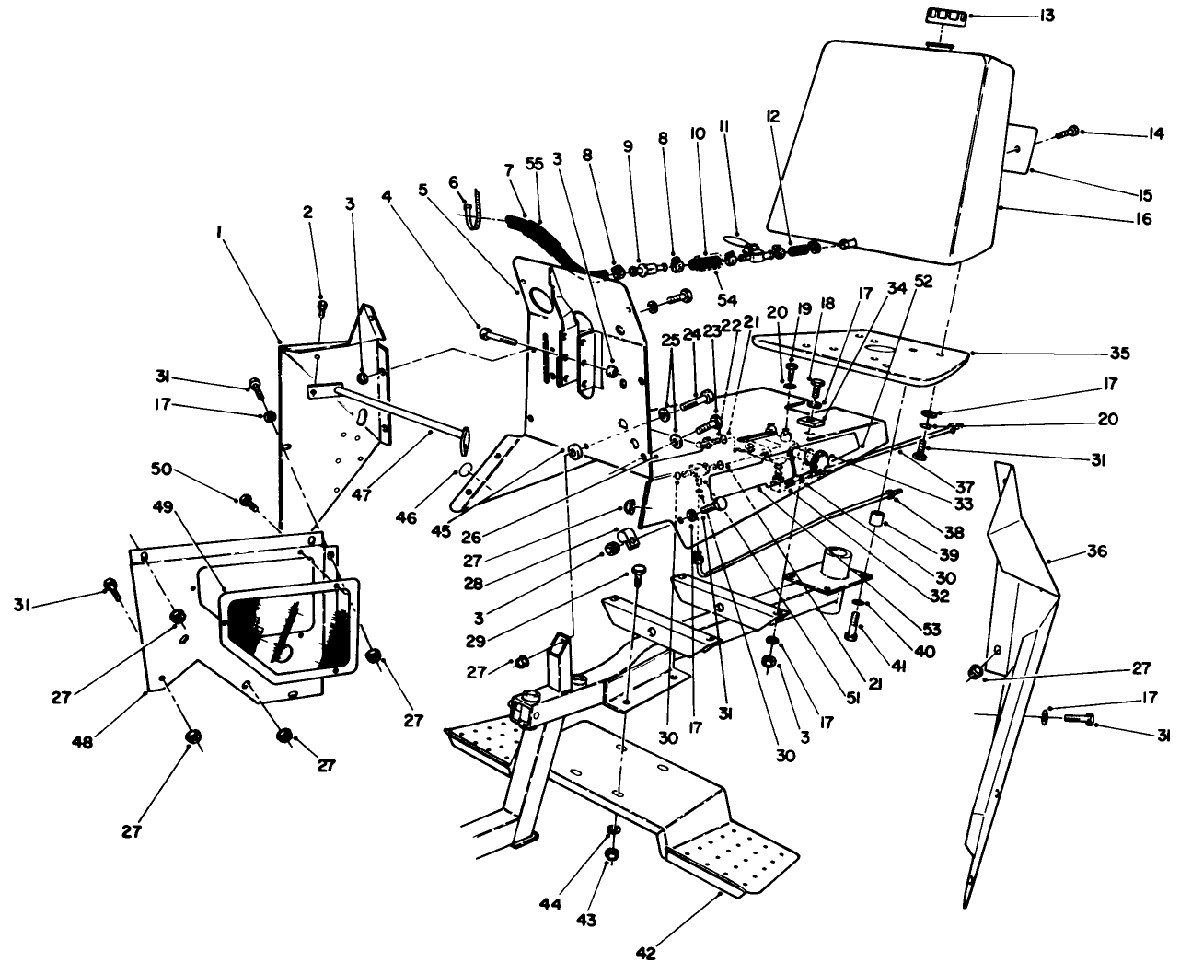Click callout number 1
(x=218, y=234)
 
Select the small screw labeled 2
(x=322, y=305)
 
